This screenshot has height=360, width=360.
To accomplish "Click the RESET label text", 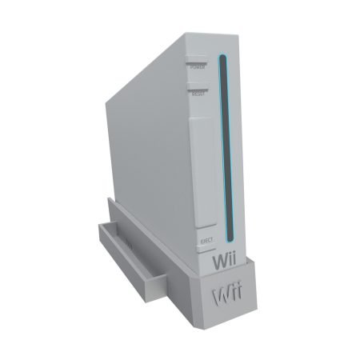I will pos(198,94).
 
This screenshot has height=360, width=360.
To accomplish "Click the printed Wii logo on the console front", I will pos(224,261).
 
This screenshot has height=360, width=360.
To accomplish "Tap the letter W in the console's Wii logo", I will pos(218,261).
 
